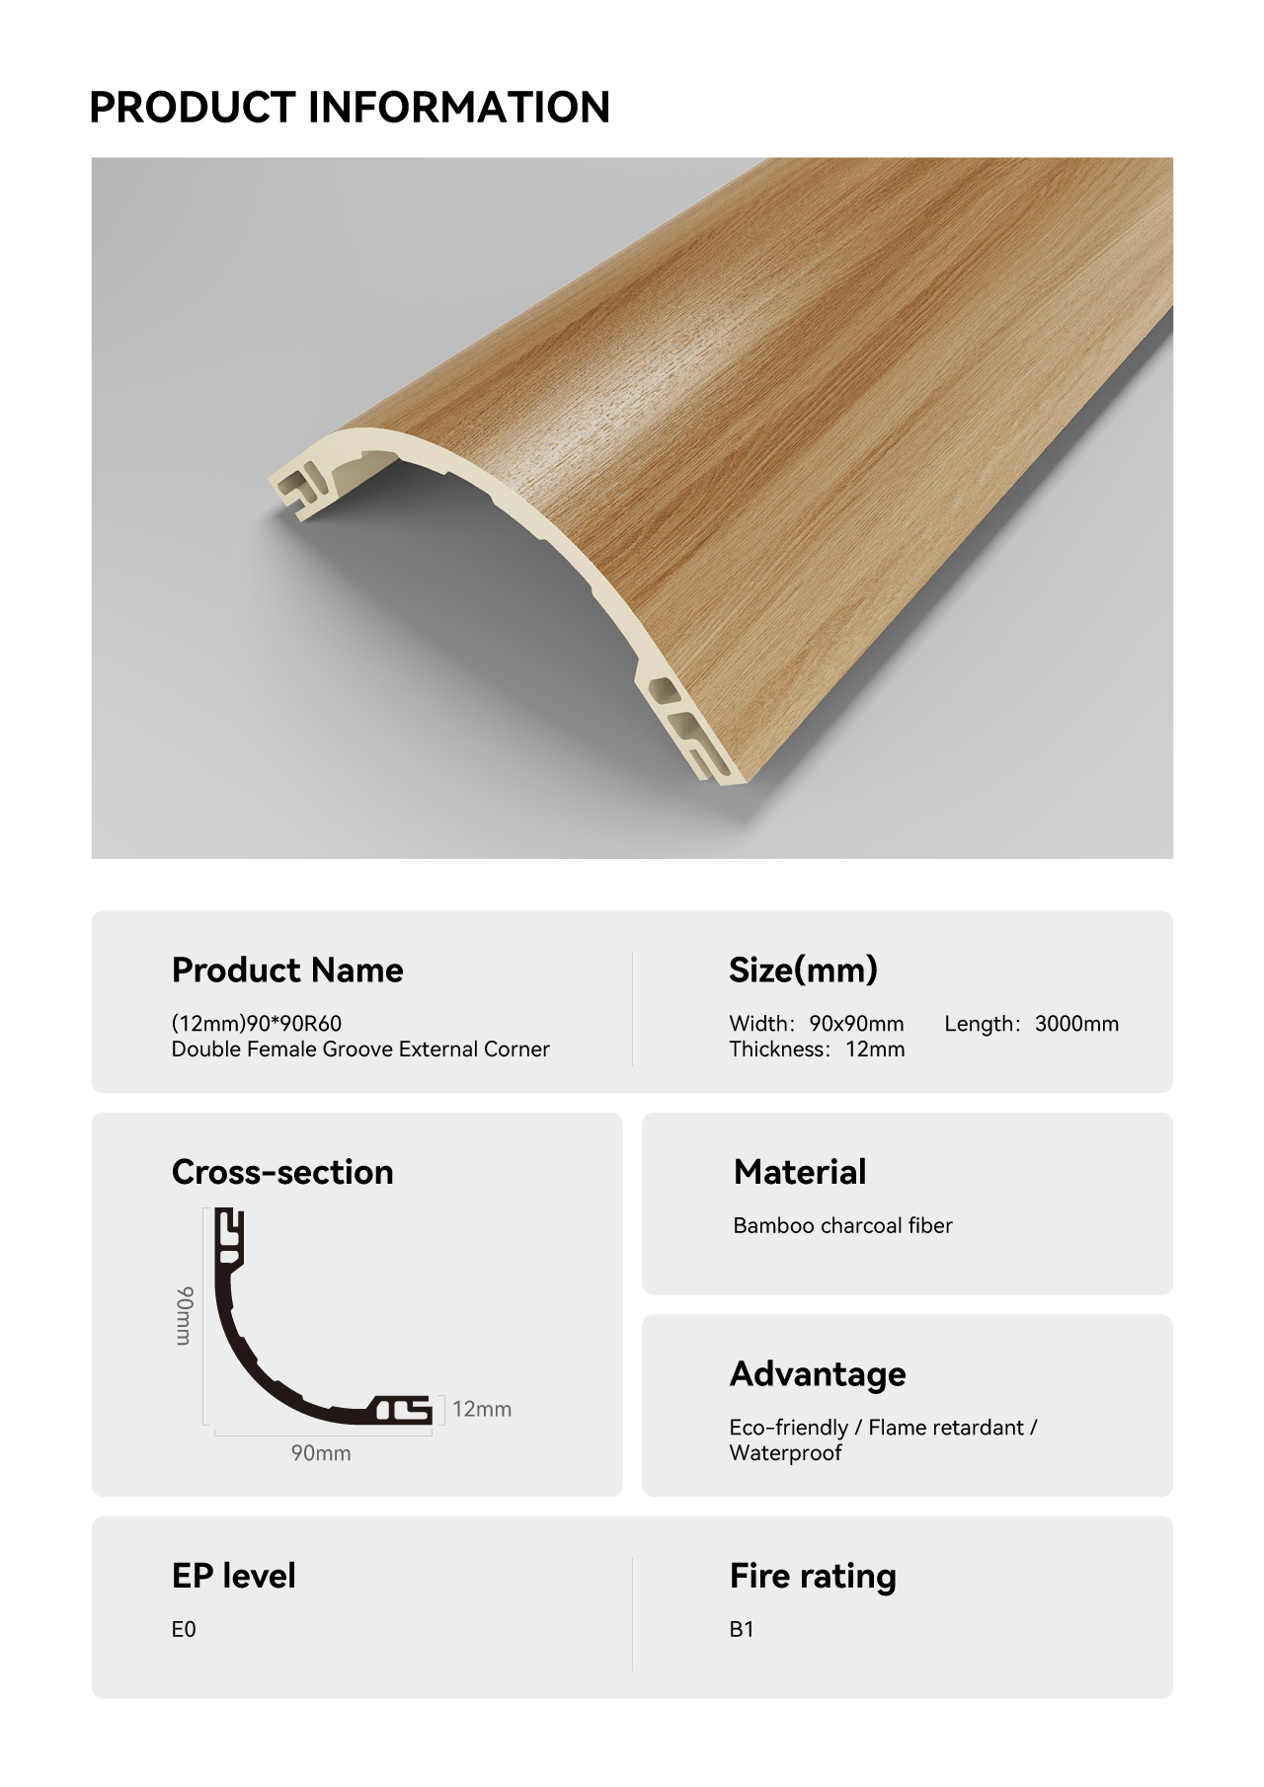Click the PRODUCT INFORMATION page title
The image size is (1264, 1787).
(x=350, y=107)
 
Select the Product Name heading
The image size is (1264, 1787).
(x=287, y=971)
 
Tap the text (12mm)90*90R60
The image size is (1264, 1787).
(x=257, y=1024)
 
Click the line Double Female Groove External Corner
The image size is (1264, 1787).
(x=360, y=1049)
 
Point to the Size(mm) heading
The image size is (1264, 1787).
(x=803, y=971)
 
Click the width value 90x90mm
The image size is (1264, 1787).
(x=856, y=1024)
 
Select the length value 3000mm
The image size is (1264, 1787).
(x=1076, y=1024)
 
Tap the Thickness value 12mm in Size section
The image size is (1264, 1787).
(x=875, y=1049)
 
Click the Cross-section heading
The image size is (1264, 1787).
(x=282, y=1172)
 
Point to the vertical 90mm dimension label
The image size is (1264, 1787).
(x=185, y=1315)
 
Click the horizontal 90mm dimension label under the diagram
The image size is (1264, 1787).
(x=321, y=1453)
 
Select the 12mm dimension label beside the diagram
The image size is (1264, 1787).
(x=482, y=1409)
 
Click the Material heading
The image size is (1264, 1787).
(x=800, y=1172)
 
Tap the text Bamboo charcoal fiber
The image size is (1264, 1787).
(x=842, y=1225)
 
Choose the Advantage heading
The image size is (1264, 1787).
(x=818, y=1374)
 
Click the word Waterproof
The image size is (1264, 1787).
(x=785, y=1453)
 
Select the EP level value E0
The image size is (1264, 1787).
(x=184, y=1629)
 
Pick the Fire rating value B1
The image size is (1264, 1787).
(x=742, y=1629)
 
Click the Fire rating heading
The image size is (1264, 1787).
(x=813, y=1577)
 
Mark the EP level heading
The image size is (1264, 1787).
(x=234, y=1576)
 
